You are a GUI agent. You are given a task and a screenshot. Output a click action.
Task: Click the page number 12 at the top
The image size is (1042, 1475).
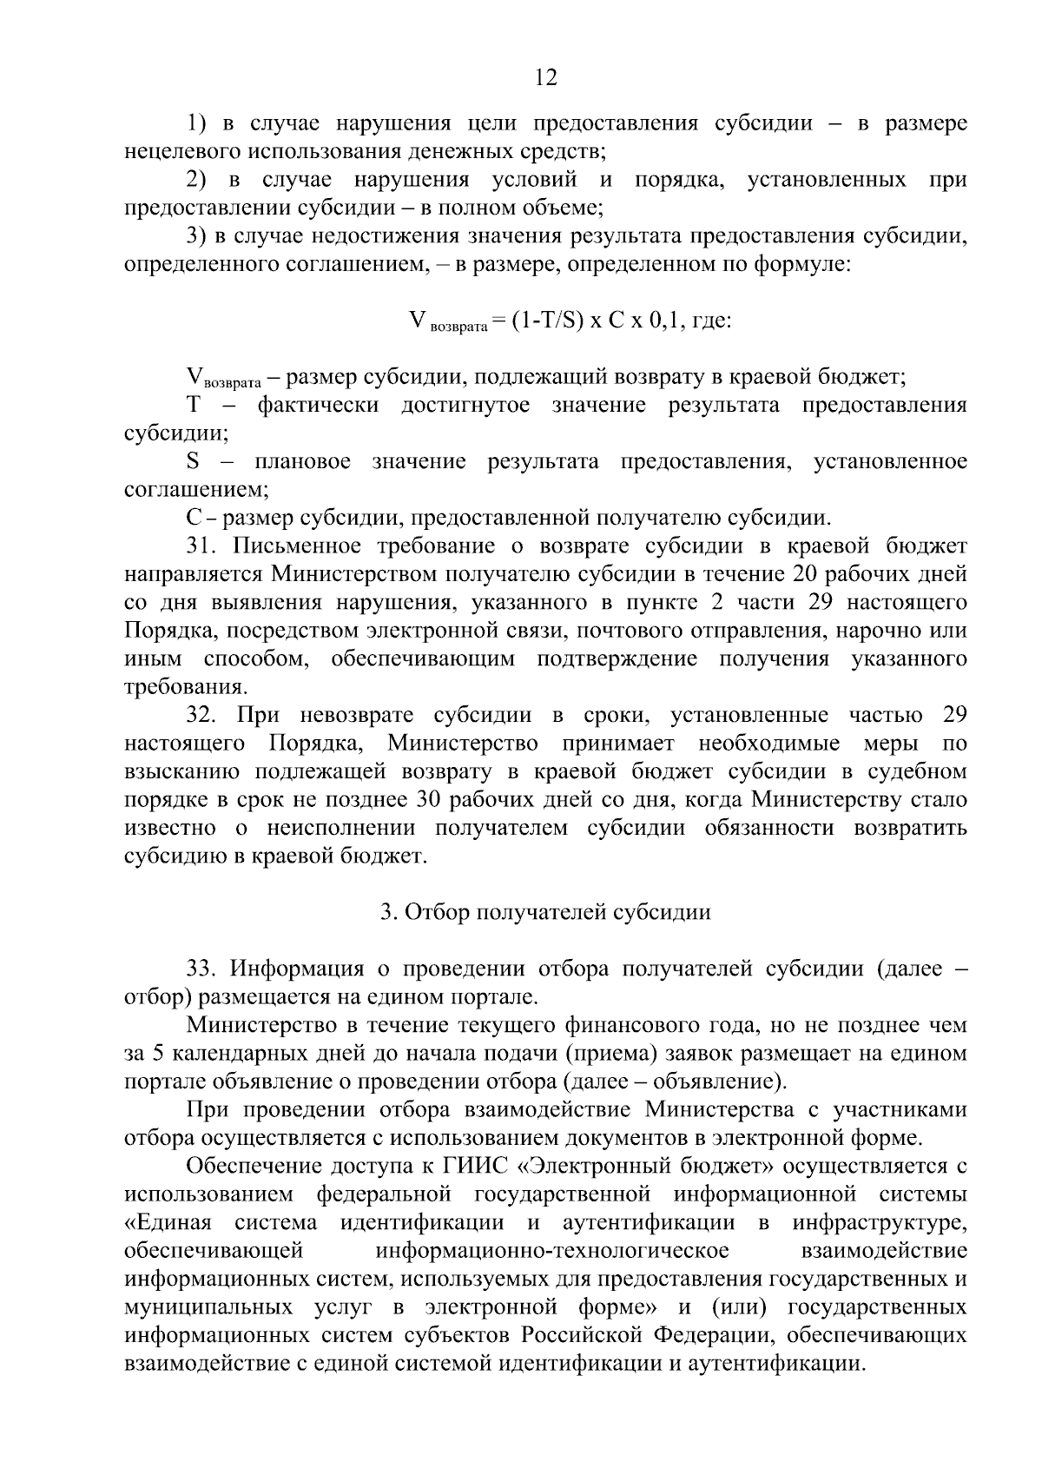point(545,78)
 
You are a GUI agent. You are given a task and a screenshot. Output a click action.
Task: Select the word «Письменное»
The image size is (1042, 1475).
point(290,546)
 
